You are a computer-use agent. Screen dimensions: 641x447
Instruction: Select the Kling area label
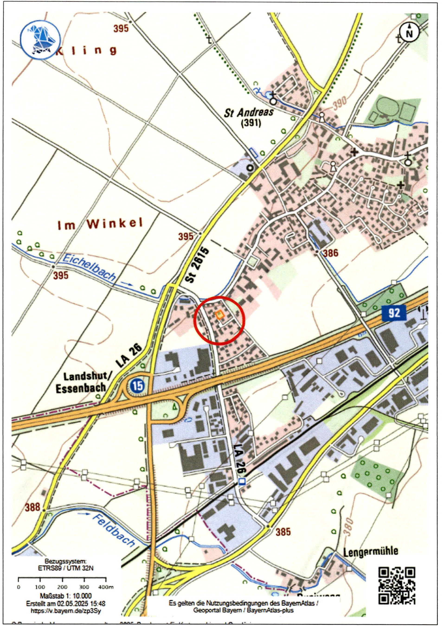(84, 51)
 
